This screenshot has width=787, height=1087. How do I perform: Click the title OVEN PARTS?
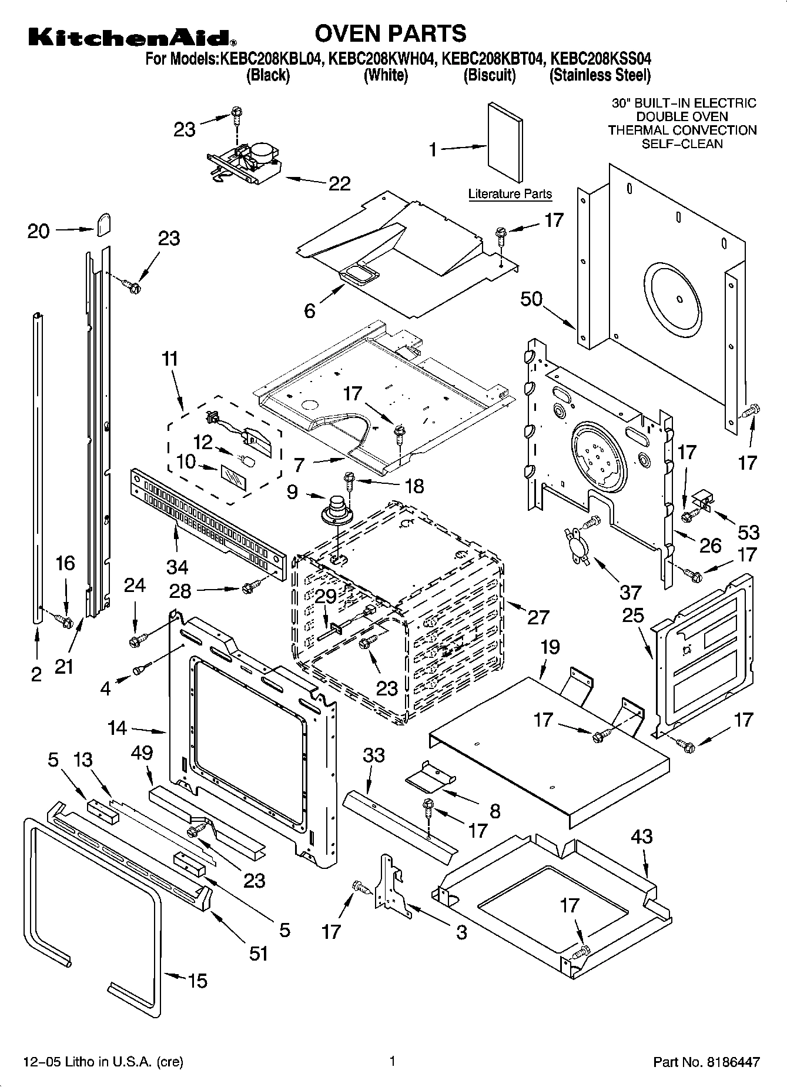[390, 34]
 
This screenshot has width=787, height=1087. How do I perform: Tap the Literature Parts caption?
[510, 194]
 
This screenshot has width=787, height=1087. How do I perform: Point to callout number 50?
[531, 299]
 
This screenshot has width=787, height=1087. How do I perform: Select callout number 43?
[641, 836]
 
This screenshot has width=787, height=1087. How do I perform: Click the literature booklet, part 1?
[504, 143]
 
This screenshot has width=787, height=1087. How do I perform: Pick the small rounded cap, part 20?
[103, 223]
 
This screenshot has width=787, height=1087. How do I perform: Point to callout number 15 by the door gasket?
[197, 981]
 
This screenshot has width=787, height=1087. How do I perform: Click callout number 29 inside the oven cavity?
[326, 596]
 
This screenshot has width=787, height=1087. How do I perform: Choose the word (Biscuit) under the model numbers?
[489, 75]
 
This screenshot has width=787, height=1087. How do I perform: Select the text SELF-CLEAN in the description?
[682, 144]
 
